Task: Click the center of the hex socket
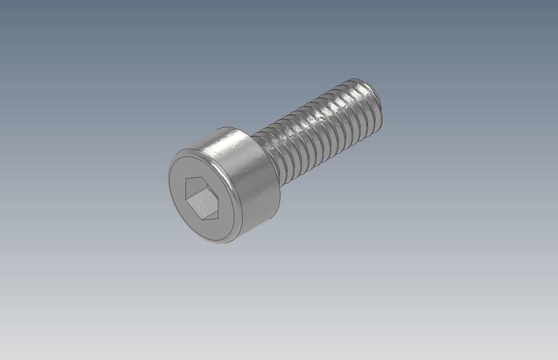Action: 201,198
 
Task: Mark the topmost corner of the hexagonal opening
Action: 194,177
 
